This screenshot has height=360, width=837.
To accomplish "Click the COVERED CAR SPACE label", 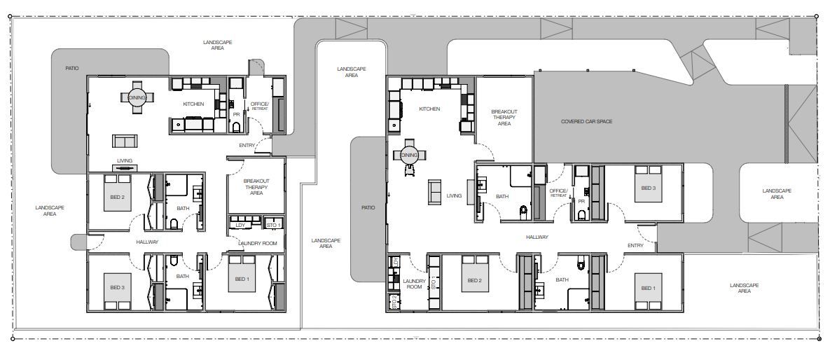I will click(x=586, y=122).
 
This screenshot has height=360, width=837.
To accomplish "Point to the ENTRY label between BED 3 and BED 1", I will click(x=635, y=245).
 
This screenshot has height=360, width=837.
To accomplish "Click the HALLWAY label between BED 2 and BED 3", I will click(x=147, y=242).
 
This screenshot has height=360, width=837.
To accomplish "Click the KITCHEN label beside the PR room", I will click(x=193, y=104).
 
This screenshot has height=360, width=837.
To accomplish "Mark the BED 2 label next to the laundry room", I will click(x=474, y=280).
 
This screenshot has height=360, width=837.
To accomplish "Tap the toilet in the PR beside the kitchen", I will click(x=236, y=127).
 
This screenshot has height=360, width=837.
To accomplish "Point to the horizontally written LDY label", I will click(x=240, y=225).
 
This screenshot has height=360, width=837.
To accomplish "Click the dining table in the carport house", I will click(x=409, y=155).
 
